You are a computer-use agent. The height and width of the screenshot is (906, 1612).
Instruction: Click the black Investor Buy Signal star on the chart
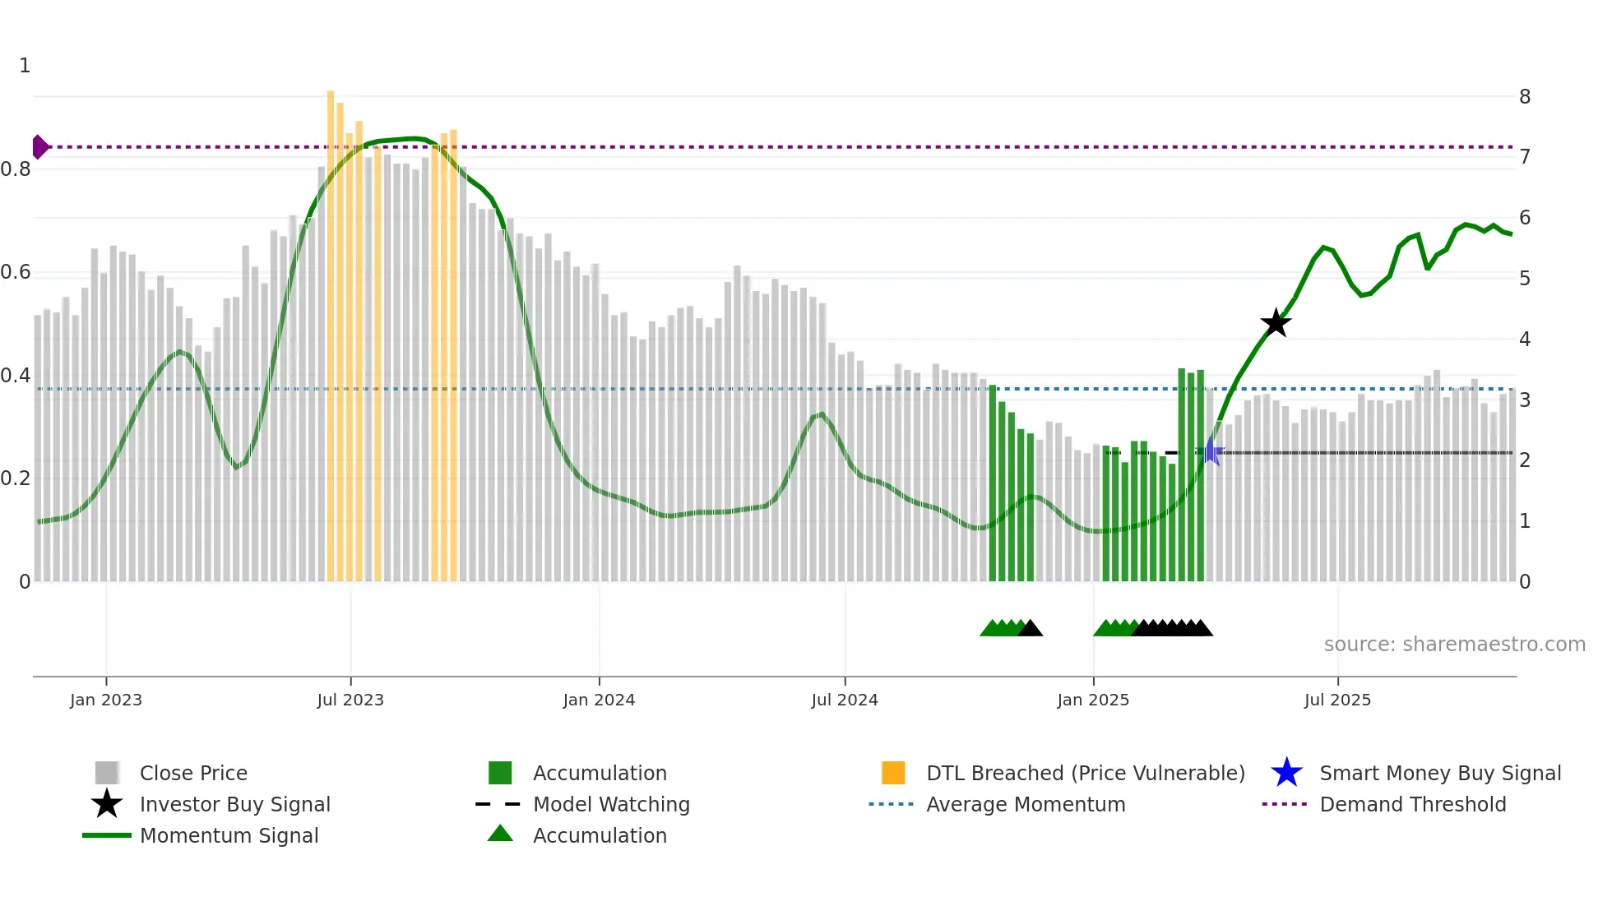coord(1276,323)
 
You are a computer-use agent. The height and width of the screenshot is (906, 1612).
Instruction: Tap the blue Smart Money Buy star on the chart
coord(1210,452)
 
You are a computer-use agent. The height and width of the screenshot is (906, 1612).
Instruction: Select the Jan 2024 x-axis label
coord(599,700)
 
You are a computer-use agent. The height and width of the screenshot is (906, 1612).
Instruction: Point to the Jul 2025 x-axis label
coord(1337,700)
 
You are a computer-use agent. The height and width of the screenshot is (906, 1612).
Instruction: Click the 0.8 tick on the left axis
coord(16,169)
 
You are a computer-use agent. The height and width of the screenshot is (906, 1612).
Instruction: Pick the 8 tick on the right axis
coord(1525,97)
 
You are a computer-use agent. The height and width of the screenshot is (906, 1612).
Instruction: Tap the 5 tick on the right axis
coord(1525,279)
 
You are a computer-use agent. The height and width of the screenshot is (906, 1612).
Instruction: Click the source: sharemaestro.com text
coord(1454,645)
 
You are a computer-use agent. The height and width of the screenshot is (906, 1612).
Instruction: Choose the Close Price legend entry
coord(193,773)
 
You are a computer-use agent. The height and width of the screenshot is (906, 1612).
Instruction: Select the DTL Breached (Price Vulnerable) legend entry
coord(1085,773)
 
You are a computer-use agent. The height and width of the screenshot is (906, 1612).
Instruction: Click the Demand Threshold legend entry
coord(1412,804)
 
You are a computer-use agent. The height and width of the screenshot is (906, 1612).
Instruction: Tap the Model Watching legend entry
coord(611,804)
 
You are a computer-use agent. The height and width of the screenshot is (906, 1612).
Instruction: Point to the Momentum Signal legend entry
coord(229,835)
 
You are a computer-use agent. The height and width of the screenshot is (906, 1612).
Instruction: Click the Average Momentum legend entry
coord(1026,804)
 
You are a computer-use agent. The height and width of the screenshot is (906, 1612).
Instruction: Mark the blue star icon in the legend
coord(1286,773)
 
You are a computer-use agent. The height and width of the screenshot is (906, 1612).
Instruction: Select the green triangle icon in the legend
coord(500,834)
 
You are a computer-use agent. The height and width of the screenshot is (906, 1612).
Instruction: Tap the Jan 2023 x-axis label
coord(106,700)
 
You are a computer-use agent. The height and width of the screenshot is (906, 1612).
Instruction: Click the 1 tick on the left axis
coord(25,66)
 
